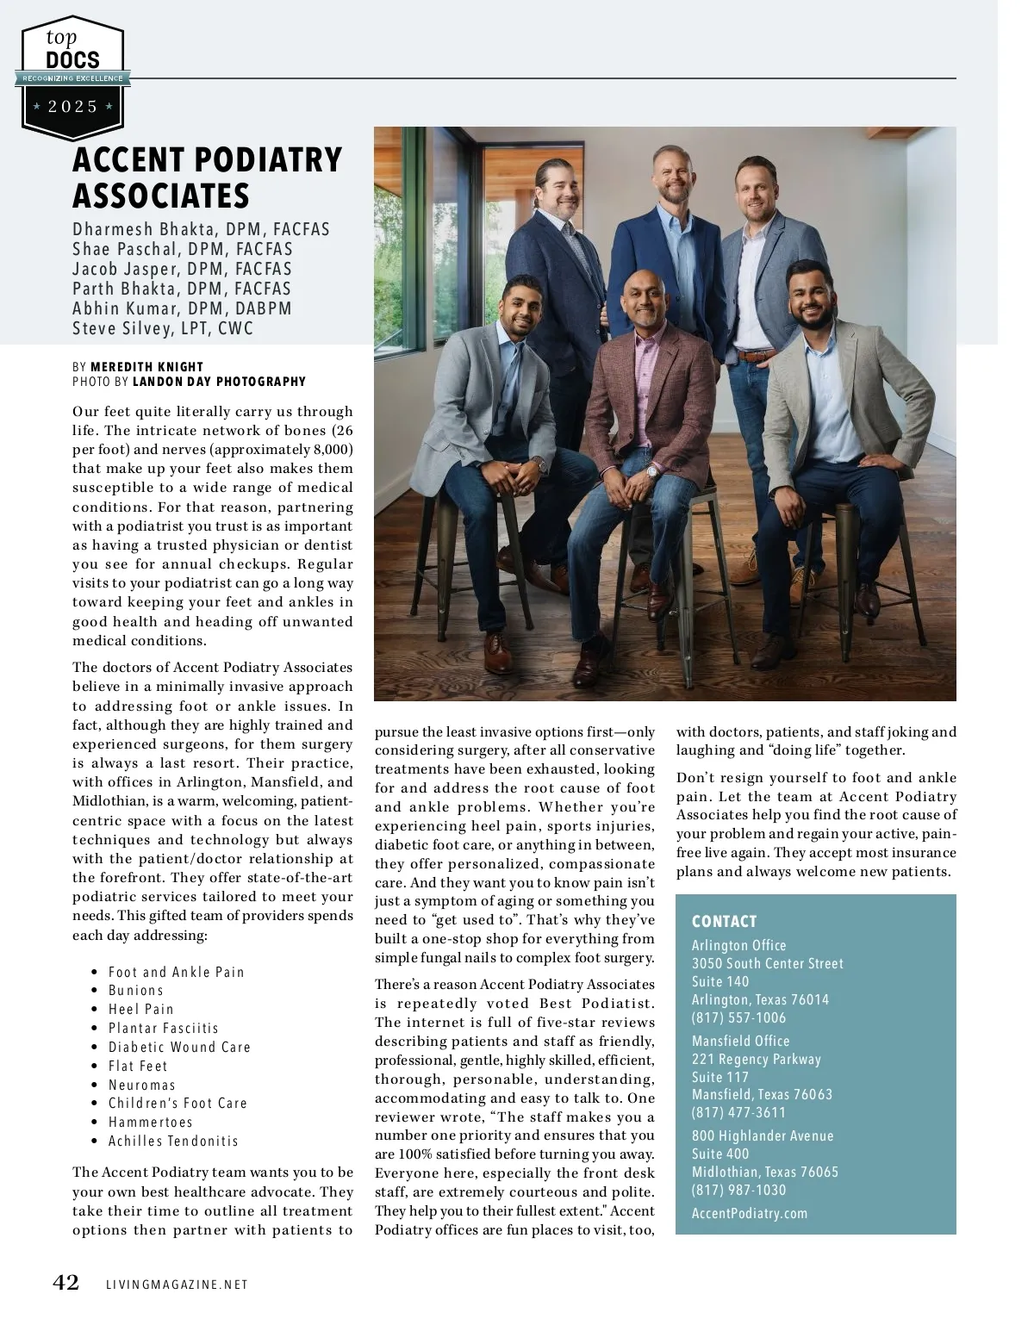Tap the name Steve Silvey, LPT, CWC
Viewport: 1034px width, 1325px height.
(163, 328)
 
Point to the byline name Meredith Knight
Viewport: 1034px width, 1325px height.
(146, 367)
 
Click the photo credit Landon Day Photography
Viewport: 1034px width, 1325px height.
(219, 382)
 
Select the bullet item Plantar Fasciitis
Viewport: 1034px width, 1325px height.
(164, 1029)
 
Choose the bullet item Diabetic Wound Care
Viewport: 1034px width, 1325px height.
(179, 1048)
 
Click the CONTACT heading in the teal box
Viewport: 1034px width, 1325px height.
(725, 922)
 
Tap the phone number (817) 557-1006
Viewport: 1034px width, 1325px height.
(739, 1017)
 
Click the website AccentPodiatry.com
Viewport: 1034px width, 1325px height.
(750, 1213)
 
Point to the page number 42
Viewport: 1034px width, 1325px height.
(66, 1283)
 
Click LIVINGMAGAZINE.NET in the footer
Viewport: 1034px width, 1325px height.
(177, 1285)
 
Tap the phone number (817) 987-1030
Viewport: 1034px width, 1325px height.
(739, 1190)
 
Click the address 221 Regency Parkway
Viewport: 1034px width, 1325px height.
(757, 1059)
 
